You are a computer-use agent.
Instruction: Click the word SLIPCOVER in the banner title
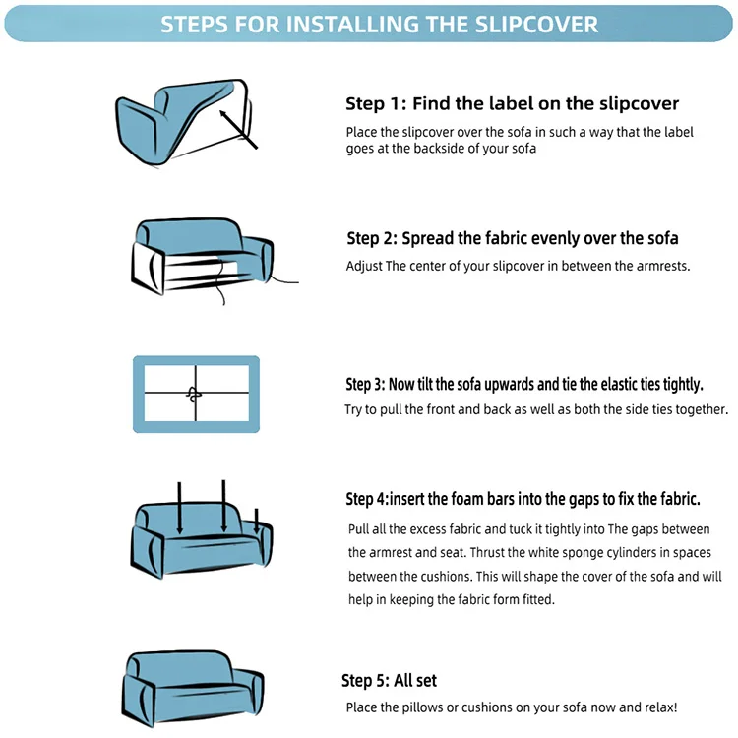pyautogui.click(x=536, y=24)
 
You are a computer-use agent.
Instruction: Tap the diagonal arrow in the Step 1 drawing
pyautogui.click(x=238, y=130)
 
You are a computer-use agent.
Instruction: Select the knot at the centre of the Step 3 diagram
pyautogui.click(x=194, y=395)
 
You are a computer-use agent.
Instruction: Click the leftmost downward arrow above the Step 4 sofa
pyautogui.click(x=179, y=509)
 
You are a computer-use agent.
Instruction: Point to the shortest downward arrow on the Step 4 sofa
pyautogui.click(x=257, y=522)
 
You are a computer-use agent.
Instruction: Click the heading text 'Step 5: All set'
pyautogui.click(x=389, y=681)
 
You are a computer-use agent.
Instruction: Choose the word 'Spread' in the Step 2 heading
pyautogui.click(x=427, y=239)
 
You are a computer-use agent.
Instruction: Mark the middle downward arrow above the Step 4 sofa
pyautogui.click(x=224, y=507)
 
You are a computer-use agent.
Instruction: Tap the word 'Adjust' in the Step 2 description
pyautogui.click(x=364, y=267)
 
